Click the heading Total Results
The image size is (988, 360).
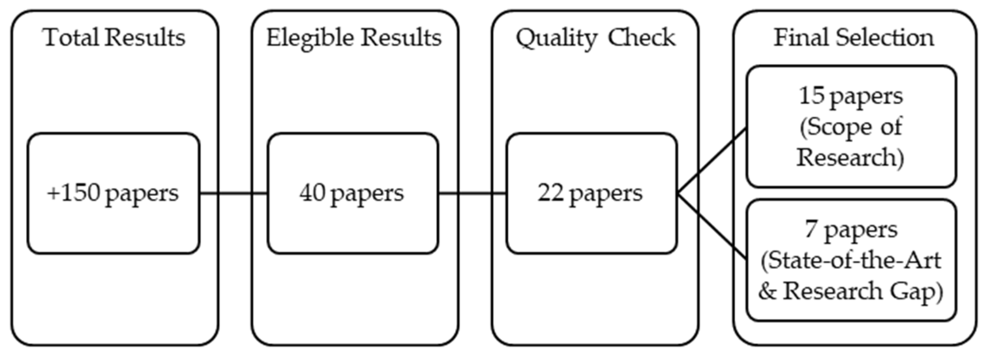[114, 38]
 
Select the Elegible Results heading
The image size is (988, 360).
[354, 38]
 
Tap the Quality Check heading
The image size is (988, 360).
[596, 38]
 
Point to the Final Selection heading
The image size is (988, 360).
[854, 38]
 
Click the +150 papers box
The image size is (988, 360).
[113, 193]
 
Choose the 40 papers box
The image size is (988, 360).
[352, 193]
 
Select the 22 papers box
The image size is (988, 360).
[591, 193]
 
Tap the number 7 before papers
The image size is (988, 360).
[811, 229]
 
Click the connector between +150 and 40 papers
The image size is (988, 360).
[234, 193]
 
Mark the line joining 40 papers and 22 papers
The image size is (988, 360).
[472, 193]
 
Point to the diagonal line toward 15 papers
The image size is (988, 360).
[712, 161]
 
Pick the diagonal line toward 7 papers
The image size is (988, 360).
[712, 226]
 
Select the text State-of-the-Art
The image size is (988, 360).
[851, 260]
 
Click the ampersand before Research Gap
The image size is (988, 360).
[768, 292]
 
